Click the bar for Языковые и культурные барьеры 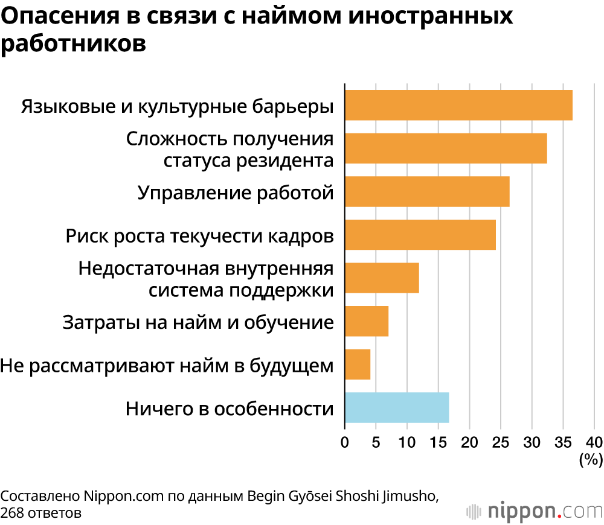pyautogui.click(x=458, y=105)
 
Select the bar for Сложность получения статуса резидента pyautogui.click(x=446, y=148)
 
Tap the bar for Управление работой pyautogui.click(x=427, y=192)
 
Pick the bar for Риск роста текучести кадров pyautogui.click(x=420, y=235)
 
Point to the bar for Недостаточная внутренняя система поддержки pyautogui.click(x=382, y=278)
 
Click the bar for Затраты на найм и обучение pyautogui.click(x=367, y=321)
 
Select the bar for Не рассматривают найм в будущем pyautogui.click(x=358, y=364)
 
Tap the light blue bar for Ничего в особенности pyautogui.click(x=397, y=407)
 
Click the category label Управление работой pyautogui.click(x=236, y=192)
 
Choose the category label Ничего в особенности pyautogui.click(x=230, y=409)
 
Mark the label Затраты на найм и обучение pyautogui.click(x=198, y=322)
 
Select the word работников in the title pyautogui.click(x=74, y=44)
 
